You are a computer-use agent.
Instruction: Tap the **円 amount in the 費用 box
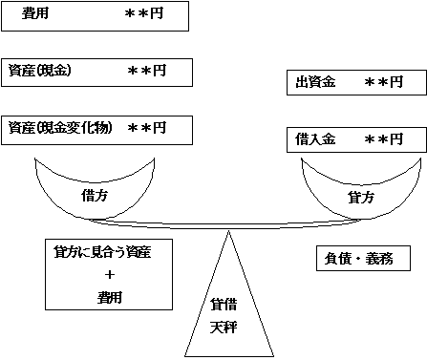coord(145,15)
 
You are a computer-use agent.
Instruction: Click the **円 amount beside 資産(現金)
coord(147,72)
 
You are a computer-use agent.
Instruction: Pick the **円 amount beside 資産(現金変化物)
coord(147,128)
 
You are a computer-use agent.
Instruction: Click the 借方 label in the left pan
coord(96,194)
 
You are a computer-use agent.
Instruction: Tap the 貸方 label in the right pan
coord(360,196)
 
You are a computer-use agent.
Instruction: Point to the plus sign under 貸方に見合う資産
coord(109,275)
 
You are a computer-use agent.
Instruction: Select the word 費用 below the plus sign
coord(109,297)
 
